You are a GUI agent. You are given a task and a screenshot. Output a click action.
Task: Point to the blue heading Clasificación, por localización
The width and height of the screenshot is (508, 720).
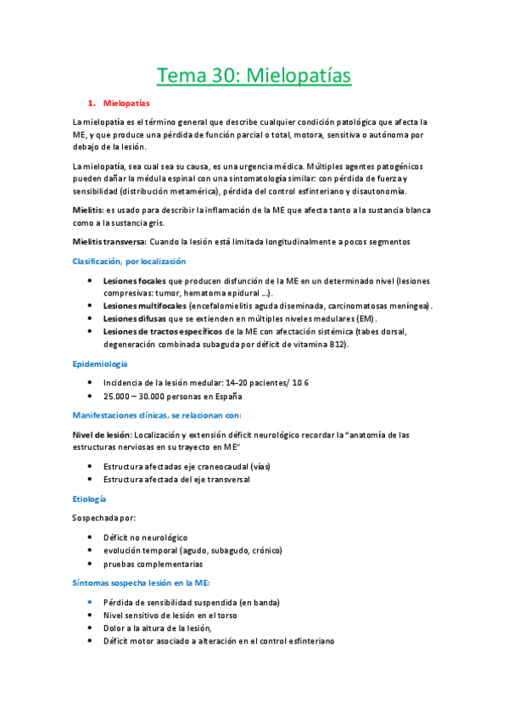click(129, 262)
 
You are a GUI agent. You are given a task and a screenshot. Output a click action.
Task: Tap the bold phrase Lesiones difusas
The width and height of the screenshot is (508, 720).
click(134, 318)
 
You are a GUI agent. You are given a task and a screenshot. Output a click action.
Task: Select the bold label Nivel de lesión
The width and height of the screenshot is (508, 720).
click(103, 435)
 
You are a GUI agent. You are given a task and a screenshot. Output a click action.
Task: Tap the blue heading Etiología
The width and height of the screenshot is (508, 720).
click(90, 498)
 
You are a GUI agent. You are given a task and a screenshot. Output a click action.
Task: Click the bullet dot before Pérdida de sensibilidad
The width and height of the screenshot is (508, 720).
click(91, 602)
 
